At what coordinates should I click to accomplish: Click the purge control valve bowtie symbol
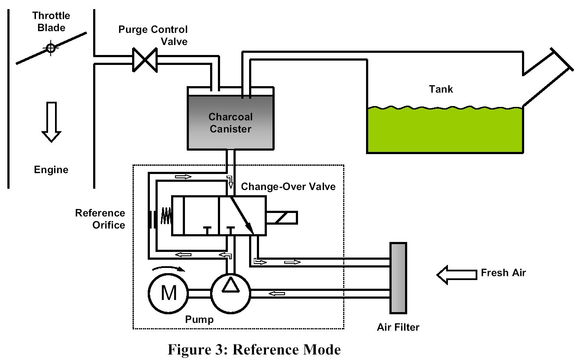tap(145, 60)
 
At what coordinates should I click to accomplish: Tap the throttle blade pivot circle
tap(51, 48)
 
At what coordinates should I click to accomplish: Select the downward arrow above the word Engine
tap(51, 122)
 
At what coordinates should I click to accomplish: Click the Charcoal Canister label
tap(230, 122)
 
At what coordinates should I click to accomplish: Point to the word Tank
tap(441, 89)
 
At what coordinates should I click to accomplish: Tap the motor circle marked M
tap(168, 294)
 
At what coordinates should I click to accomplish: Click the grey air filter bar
tap(398, 277)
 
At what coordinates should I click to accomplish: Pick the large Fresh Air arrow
tap(455, 274)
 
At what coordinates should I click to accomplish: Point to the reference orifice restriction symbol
tap(152, 219)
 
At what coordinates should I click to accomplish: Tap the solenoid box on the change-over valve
tap(282, 218)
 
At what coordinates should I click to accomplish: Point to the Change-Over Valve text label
tap(288, 187)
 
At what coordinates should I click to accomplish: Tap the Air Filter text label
tap(398, 327)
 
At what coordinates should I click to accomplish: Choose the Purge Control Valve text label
tap(153, 35)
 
